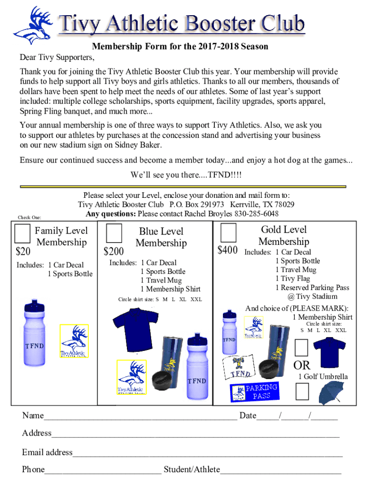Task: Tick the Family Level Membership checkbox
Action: click(22, 234)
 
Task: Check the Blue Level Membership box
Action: click(114, 234)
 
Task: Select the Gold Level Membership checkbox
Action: click(228, 233)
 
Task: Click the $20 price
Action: click(23, 250)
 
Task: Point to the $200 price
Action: click(114, 251)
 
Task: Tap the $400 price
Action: click(228, 250)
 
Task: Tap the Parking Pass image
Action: click(254, 392)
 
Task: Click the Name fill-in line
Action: click(140, 417)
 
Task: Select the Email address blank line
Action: click(207, 453)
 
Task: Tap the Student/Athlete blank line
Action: click(280, 471)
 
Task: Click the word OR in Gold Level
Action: click(302, 365)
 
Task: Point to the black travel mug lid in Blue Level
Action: click(161, 380)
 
